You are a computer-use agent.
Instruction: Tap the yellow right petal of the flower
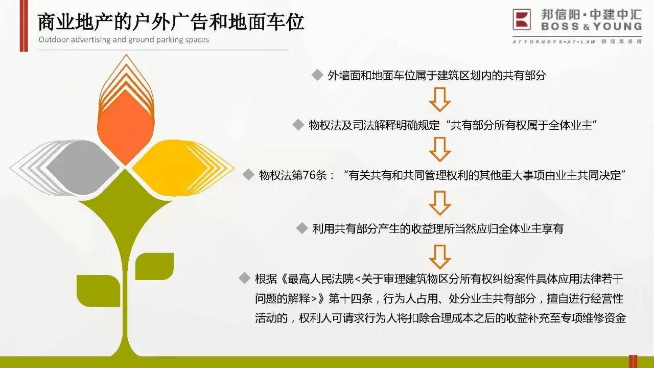point(175,168)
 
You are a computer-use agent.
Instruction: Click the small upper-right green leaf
point(154,266)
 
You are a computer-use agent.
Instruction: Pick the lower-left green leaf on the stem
point(98,291)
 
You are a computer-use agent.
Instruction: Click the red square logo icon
point(522,19)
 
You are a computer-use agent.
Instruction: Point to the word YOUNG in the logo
point(618,27)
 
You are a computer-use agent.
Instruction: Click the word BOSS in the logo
point(560,27)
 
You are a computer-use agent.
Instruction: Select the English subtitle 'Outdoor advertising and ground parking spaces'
point(124,40)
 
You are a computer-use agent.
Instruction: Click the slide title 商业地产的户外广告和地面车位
point(171,21)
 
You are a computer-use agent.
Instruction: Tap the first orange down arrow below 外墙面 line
point(440,100)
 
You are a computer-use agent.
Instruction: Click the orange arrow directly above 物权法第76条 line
point(440,150)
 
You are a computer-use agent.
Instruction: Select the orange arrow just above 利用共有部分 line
point(440,203)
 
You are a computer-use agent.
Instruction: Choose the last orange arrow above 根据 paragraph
point(440,257)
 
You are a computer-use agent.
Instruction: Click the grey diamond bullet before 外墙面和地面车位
point(317,75)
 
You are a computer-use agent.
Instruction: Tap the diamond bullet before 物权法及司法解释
point(298,125)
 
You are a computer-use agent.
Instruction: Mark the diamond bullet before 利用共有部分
point(302,228)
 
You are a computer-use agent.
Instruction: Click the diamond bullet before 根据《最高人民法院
point(244,278)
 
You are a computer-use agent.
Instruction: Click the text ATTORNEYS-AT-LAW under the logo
point(554,42)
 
